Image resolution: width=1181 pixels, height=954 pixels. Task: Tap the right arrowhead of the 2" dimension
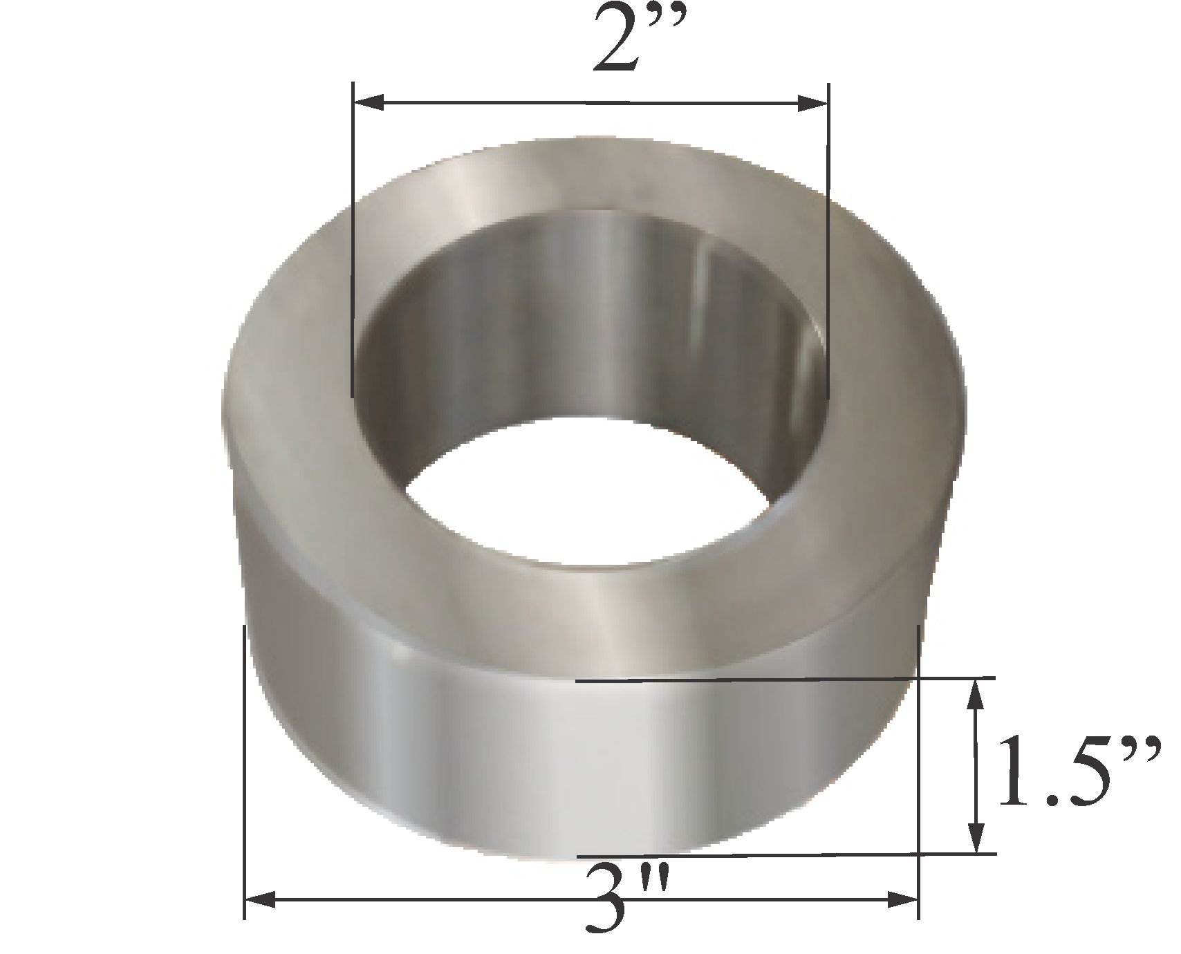point(812,104)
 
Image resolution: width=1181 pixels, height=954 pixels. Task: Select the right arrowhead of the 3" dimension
point(902,899)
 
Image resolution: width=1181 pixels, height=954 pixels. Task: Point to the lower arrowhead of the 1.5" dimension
point(976,839)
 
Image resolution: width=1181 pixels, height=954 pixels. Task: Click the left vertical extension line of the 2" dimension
point(353,242)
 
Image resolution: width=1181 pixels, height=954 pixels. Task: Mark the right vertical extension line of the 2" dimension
point(828,242)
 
